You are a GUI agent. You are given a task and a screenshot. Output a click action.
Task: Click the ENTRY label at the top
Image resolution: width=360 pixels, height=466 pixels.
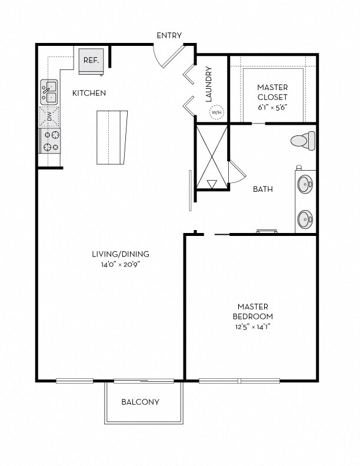169,36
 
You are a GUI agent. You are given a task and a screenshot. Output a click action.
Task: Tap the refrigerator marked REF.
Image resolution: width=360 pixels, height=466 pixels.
91,61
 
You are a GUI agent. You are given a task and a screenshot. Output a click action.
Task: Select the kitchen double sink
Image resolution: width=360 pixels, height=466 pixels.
49,92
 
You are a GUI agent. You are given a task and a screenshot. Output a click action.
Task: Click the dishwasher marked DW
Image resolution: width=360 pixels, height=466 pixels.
49,117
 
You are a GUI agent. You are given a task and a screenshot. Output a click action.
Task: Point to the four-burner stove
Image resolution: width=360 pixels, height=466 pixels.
49,141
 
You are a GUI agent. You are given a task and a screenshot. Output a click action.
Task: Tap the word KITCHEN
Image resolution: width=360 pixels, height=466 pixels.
89,93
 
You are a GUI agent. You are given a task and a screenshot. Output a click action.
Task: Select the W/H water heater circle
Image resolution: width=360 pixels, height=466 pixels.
216,112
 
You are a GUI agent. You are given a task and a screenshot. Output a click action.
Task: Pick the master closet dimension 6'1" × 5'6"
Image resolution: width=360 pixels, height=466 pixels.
272,108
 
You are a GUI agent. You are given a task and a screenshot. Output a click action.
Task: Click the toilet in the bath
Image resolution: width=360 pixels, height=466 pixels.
304,141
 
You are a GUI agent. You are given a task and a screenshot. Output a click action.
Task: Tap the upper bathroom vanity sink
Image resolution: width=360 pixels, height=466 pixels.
305,184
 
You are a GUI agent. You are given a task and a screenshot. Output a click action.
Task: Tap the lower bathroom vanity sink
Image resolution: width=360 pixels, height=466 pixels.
305,219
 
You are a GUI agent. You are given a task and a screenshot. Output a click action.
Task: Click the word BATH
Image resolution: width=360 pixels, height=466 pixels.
262,189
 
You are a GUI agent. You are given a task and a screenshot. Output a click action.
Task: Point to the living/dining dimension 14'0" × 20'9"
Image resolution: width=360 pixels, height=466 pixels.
120,264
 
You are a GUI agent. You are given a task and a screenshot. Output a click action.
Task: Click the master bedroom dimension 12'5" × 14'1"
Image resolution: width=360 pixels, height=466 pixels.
253,327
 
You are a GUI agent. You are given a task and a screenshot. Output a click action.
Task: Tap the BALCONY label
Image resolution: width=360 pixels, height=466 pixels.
140,402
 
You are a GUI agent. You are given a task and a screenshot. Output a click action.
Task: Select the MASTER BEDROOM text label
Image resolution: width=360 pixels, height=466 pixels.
253,311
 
